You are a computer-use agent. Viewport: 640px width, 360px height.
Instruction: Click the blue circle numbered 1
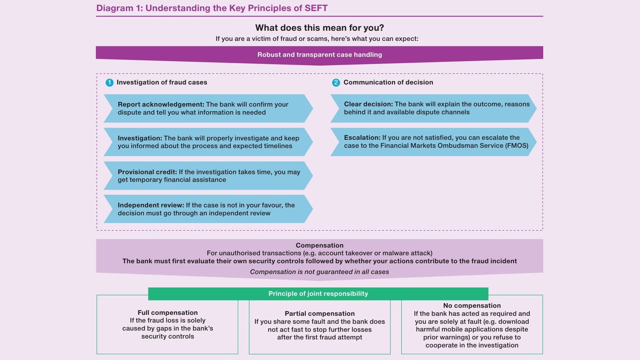click(x=110, y=82)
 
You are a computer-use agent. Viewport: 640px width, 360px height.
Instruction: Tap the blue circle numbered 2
click(x=336, y=82)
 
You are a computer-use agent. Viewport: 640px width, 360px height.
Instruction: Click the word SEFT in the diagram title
click(x=316, y=8)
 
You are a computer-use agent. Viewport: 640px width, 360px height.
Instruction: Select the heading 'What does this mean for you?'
click(x=320, y=28)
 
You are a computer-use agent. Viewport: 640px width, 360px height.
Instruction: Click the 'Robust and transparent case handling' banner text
click(x=320, y=54)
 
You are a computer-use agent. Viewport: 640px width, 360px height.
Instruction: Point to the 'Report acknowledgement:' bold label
click(x=161, y=104)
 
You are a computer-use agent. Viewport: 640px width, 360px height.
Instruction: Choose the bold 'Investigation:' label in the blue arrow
click(x=140, y=138)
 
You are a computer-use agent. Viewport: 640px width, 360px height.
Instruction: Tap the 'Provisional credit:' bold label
click(x=147, y=172)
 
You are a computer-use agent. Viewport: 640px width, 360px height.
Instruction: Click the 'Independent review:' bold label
click(x=151, y=205)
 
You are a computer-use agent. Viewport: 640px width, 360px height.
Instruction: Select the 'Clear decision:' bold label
click(x=368, y=104)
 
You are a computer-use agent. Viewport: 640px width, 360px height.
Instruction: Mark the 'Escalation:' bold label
click(x=362, y=138)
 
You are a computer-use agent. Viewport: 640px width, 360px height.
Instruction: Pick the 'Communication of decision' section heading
click(x=388, y=82)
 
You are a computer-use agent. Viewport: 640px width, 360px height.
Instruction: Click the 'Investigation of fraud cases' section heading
click(x=162, y=82)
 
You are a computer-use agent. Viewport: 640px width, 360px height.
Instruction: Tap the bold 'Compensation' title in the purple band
click(x=320, y=246)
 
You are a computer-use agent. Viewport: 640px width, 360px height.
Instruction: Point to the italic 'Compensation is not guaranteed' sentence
click(x=320, y=272)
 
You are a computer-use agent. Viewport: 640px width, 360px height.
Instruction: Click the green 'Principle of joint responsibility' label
click(x=318, y=294)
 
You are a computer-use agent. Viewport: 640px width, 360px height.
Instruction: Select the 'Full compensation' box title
click(x=168, y=312)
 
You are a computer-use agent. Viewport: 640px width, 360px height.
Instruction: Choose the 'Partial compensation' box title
click(x=320, y=314)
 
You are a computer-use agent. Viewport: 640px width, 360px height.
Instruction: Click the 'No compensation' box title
click(x=472, y=306)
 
